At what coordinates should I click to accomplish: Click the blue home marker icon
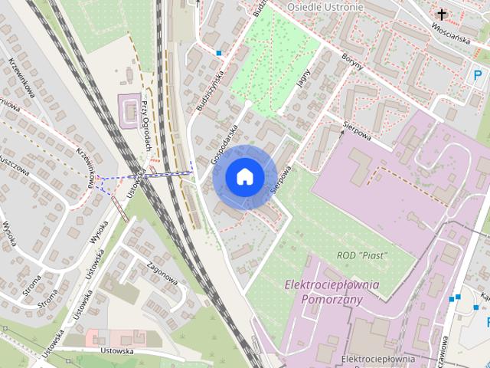coord(244,176)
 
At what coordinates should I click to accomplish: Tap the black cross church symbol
coord(441,14)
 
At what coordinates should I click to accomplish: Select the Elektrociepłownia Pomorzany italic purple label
coord(332,291)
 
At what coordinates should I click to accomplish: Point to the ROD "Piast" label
coord(363,255)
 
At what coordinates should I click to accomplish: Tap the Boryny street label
coord(354,59)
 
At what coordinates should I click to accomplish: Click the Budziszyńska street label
coord(208,90)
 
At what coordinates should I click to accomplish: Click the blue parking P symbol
coord(478,77)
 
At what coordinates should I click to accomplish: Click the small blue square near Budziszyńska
coord(219,54)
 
